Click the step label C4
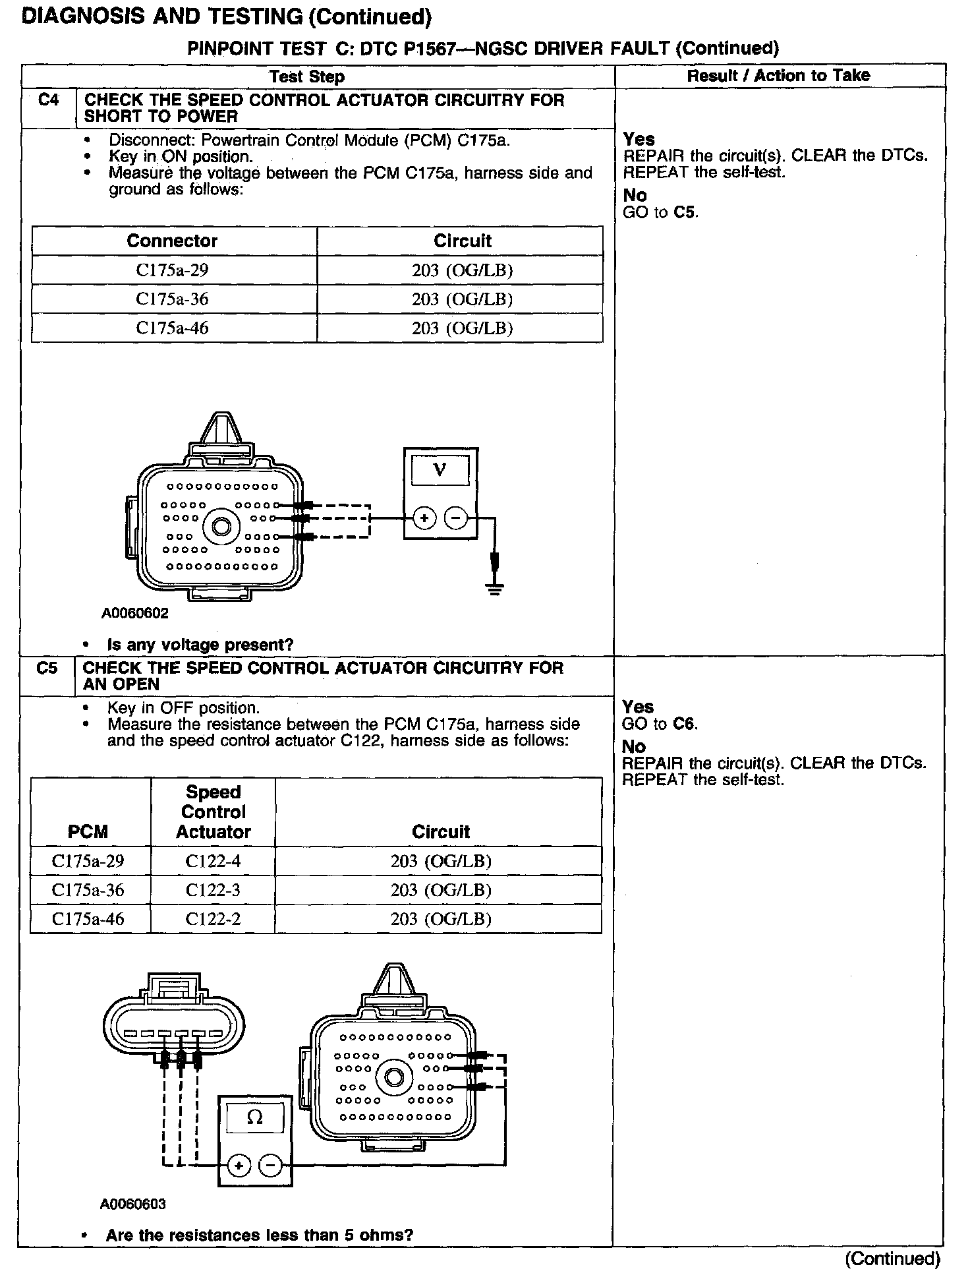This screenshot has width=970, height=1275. coord(48,100)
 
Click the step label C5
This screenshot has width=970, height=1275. coord(47,668)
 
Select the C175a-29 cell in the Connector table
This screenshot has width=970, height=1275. coord(173,270)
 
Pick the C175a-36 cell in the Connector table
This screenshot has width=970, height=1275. coord(173,299)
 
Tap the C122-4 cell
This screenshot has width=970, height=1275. coord(213,861)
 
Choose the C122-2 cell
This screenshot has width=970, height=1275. coord(213,919)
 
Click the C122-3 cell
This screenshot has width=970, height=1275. coord(213,890)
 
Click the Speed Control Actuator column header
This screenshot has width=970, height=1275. coord(213,812)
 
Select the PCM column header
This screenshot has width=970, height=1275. coord(88,831)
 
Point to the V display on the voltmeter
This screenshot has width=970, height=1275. coord(440,470)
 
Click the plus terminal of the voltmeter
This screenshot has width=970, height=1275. coord(424,518)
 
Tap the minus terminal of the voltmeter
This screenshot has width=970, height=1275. coord(455,518)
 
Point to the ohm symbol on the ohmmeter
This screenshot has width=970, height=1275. coord(255,1117)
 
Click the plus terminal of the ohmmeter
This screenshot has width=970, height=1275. coord(239,1166)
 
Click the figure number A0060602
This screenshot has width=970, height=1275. coord(134,613)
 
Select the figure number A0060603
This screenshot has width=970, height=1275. coord(133,1204)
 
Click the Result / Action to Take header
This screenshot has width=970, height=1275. coord(778,76)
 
